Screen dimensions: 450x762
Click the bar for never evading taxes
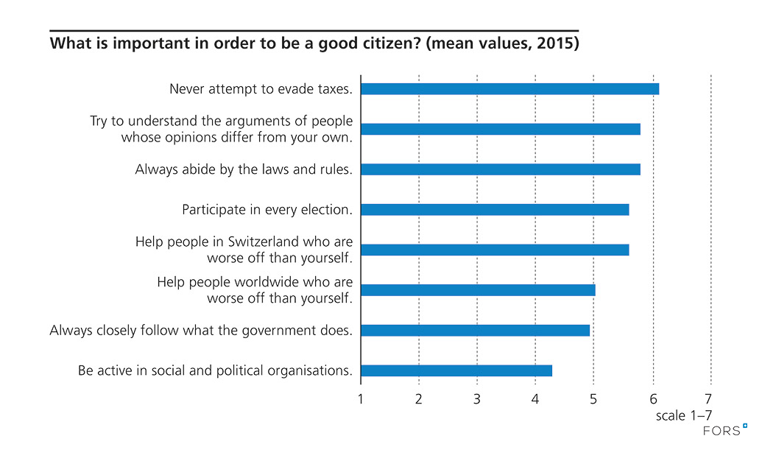coord(509,89)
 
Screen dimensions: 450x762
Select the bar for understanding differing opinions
coord(501,129)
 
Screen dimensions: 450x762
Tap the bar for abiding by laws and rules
coord(501,169)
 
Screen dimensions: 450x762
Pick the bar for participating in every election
coord(495,210)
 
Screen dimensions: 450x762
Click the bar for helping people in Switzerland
coord(495,250)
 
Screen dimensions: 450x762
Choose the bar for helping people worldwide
coord(478,290)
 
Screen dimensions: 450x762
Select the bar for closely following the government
coord(475,330)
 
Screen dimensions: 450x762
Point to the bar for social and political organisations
coord(456,370)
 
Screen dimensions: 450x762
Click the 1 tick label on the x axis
coord(361,400)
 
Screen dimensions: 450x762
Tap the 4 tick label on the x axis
coord(536,400)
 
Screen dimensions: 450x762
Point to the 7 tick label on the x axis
coord(710,400)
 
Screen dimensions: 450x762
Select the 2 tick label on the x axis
coord(419,400)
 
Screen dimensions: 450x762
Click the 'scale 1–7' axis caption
coord(684,416)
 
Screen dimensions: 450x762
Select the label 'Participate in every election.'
coord(267,210)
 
